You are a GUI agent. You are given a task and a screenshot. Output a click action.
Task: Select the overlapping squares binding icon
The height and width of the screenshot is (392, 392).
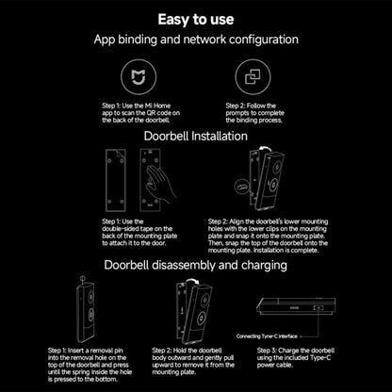tap(253, 73)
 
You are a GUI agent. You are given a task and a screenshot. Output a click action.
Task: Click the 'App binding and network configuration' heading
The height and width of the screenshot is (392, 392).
tap(196, 41)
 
